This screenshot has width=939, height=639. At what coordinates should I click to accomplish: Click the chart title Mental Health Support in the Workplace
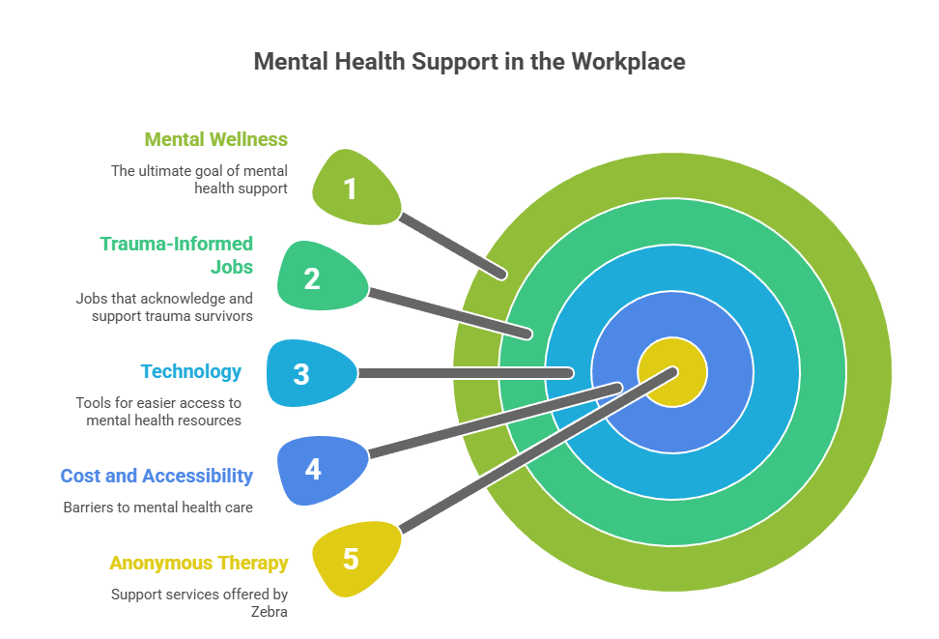[x=469, y=62]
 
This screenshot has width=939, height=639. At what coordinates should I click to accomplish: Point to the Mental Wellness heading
[x=215, y=139]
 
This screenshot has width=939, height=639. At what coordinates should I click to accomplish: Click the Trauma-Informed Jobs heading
[x=177, y=255]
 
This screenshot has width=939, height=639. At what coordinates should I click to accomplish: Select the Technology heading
[x=190, y=371]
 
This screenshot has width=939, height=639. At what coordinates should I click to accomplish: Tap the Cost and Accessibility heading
[x=156, y=476]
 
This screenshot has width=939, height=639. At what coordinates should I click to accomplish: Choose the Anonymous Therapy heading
[x=198, y=563]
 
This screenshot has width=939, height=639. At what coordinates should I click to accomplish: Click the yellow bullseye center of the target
[x=672, y=372]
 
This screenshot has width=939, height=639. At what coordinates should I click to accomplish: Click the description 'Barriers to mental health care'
[x=158, y=506]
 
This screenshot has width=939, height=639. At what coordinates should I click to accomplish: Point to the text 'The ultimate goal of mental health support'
[x=199, y=179]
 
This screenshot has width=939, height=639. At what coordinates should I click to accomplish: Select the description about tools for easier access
[x=158, y=411]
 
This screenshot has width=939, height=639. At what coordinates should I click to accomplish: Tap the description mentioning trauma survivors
[x=164, y=306]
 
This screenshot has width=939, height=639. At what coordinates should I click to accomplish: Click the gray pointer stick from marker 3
[x=464, y=373]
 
